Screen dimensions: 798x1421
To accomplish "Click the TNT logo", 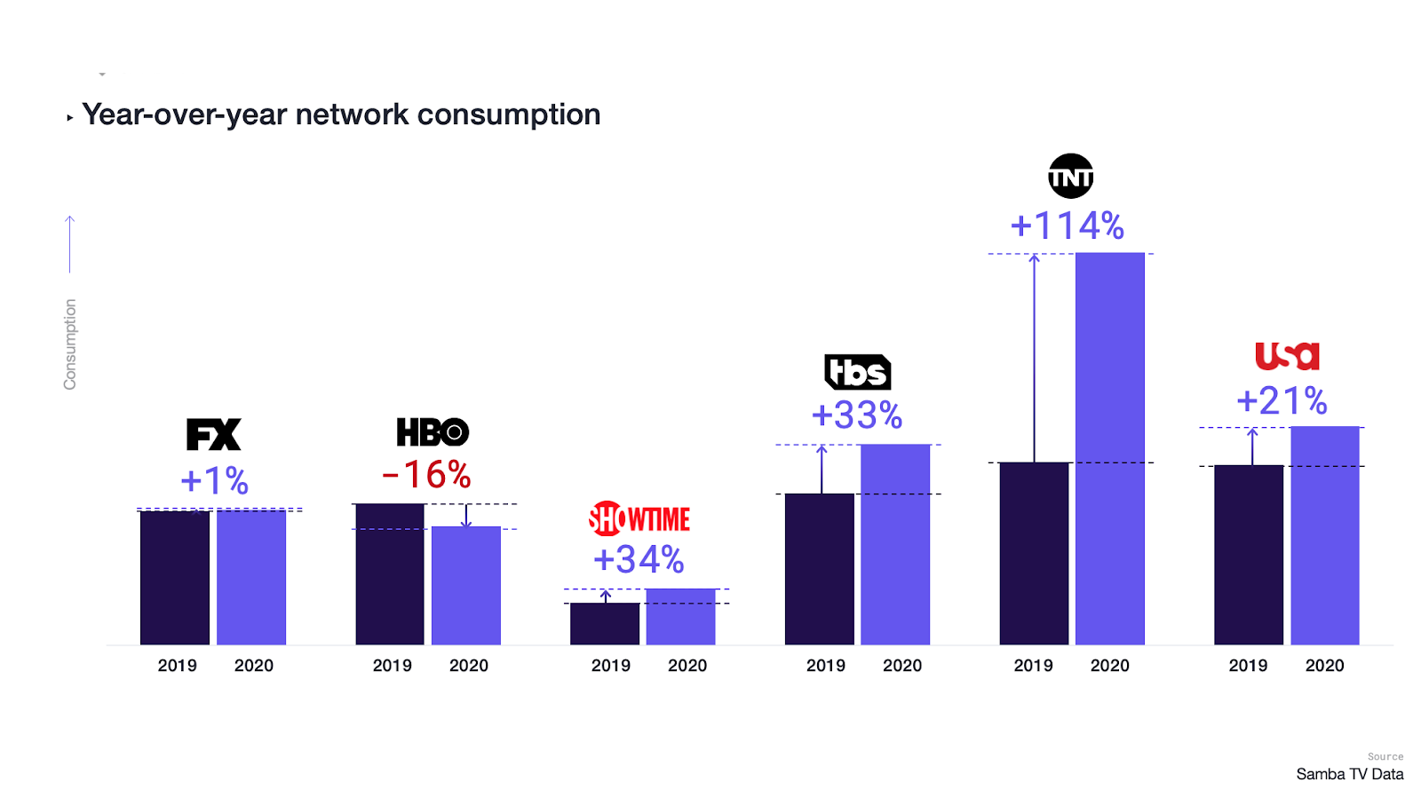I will point(1070,177).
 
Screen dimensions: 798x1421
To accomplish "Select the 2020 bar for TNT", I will point(1109,448).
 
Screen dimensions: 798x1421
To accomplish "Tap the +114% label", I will point(1068,225).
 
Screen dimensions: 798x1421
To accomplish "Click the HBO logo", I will point(433,432).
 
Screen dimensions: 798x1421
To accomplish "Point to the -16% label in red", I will point(426,475).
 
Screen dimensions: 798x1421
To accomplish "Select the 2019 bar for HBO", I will point(390,573).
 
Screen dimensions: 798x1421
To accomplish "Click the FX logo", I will point(213,434).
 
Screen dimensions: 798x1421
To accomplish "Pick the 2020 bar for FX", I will point(251,577).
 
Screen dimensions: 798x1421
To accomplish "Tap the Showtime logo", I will point(639,518).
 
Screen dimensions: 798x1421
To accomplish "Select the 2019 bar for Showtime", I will point(605,624).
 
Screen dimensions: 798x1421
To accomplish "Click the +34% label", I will point(639,559).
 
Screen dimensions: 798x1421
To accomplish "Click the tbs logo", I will point(857,372).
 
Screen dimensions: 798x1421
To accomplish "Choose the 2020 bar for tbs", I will point(895,544).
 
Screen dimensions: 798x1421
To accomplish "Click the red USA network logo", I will point(1286,356).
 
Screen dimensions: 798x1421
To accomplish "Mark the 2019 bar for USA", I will point(1249,555).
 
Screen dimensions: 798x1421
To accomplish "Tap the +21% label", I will point(1282,401).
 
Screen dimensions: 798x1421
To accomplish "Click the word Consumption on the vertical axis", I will point(70,344).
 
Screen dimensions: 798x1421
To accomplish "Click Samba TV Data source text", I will point(1349,774).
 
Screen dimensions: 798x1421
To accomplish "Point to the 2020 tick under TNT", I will point(1109,666).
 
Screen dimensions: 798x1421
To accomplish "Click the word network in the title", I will point(352,115).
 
